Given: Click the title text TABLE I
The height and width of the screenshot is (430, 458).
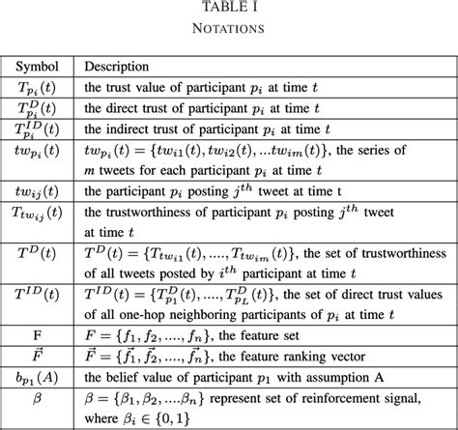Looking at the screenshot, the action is [229, 10].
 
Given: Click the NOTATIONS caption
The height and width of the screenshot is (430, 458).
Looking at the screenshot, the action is [229, 29].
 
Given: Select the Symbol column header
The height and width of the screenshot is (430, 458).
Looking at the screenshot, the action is [36, 68].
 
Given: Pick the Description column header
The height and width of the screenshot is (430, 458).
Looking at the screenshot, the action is [116, 68].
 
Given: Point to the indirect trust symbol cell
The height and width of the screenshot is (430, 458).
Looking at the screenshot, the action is [36, 129].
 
